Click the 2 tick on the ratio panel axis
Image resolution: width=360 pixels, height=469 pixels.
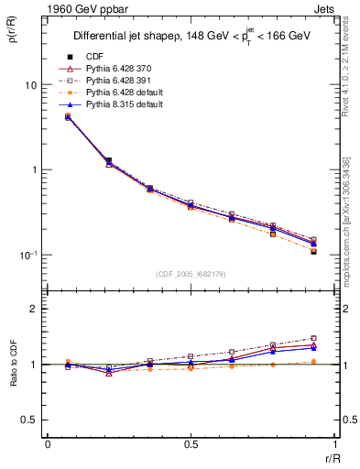click(34, 310)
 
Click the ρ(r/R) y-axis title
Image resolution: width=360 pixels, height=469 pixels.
click(13, 37)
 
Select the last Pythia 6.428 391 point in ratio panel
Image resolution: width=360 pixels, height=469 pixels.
click(313, 338)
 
